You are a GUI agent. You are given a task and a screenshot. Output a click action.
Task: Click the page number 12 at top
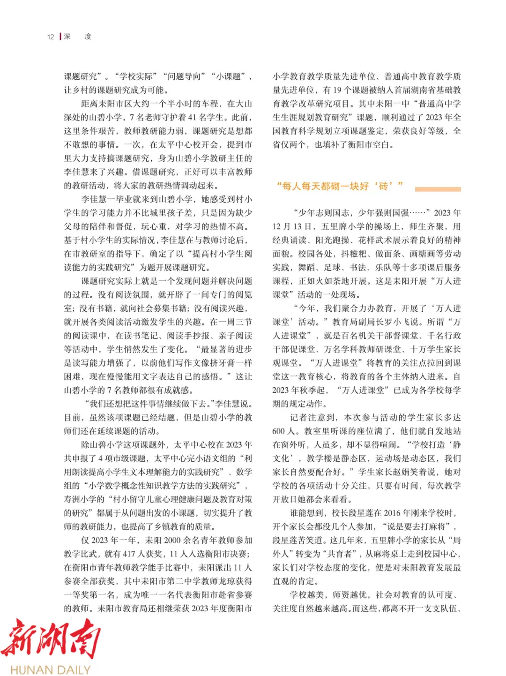[x=51, y=37]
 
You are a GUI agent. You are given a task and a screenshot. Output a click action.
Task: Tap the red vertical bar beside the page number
[x=60, y=36]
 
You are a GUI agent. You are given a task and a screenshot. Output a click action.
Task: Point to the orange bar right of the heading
[x=438, y=189]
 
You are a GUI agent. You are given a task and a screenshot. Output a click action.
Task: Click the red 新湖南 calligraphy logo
[x=51, y=638]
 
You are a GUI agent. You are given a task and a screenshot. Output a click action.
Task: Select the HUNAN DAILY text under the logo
[x=50, y=669]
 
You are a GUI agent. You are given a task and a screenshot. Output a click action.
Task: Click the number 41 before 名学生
[x=193, y=117]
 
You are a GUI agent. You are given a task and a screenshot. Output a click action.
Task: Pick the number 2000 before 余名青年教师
[x=172, y=540]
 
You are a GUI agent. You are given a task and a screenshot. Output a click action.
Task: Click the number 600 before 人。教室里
[x=278, y=431]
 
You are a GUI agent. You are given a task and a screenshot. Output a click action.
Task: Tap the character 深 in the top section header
[x=67, y=36]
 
